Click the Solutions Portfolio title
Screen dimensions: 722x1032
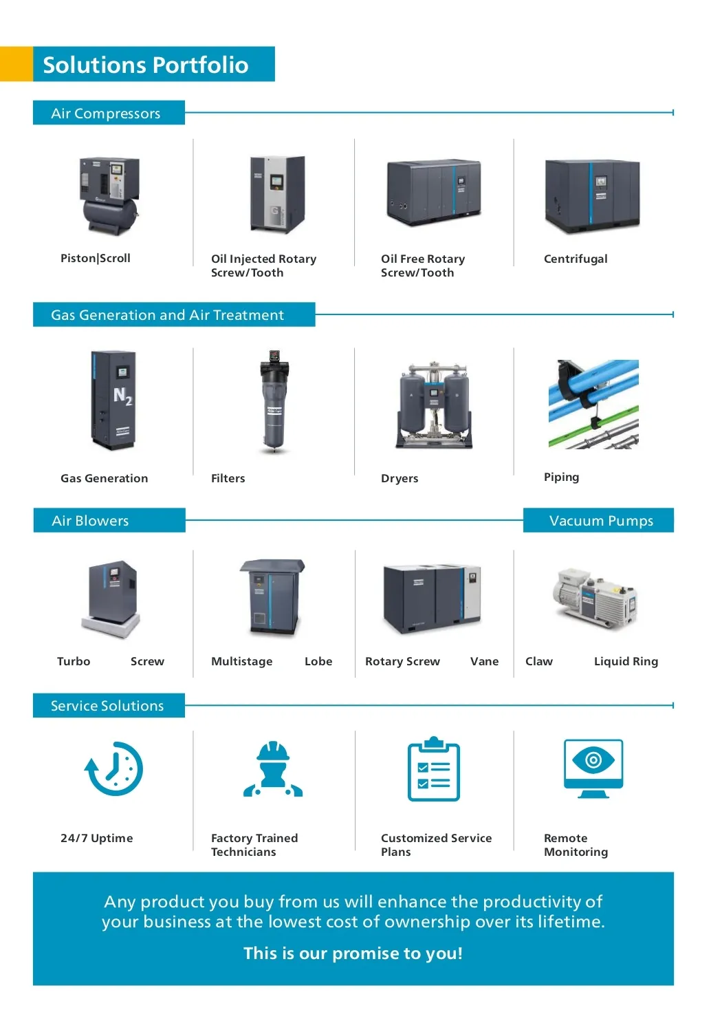pyautogui.click(x=146, y=65)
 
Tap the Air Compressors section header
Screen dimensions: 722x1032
pyautogui.click(x=109, y=113)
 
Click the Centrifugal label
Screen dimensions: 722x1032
pyautogui.click(x=576, y=259)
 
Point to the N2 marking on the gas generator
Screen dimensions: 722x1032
pyautogui.click(x=123, y=396)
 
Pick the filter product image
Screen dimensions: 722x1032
pyautogui.click(x=274, y=401)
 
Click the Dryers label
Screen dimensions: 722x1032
pyautogui.click(x=400, y=478)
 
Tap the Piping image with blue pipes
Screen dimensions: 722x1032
pyautogui.click(x=593, y=404)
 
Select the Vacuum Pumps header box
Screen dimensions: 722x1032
pyautogui.click(x=599, y=520)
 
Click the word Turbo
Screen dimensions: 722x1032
pyautogui.click(x=74, y=661)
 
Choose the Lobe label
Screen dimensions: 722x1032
pyautogui.click(x=318, y=661)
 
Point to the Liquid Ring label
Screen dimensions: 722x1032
pyautogui.click(x=626, y=662)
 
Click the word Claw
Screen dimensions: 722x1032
pyautogui.click(x=538, y=661)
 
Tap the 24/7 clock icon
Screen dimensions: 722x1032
pyautogui.click(x=113, y=769)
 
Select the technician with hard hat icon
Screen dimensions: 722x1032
pyautogui.click(x=273, y=768)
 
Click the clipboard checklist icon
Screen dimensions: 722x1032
pyautogui.click(x=434, y=768)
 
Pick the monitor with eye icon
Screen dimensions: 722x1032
pyautogui.click(x=593, y=768)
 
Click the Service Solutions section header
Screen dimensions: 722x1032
pyautogui.click(x=109, y=705)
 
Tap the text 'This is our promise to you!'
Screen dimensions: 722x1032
pyautogui.click(x=353, y=953)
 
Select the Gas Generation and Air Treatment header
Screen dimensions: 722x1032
pyautogui.click(x=174, y=314)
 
